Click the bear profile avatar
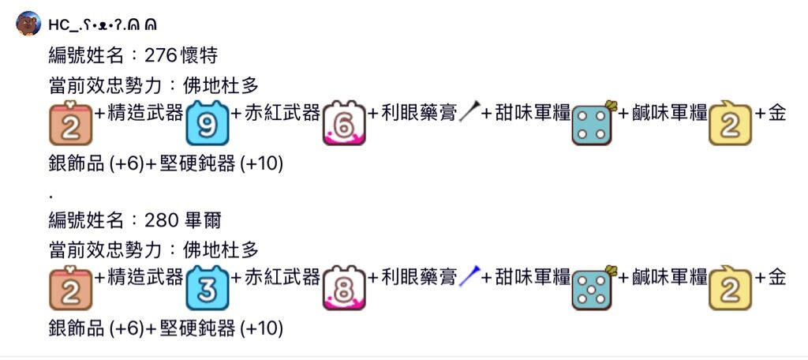pyautogui.click(x=29, y=24)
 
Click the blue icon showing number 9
pyautogui.click(x=208, y=123)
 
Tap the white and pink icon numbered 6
pyautogui.click(x=345, y=123)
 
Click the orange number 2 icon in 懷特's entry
pyautogui.click(x=71, y=123)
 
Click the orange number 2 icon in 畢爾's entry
pyautogui.click(x=71, y=289)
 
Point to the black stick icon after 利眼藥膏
pyautogui.click(x=469, y=114)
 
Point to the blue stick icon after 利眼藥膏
pyautogui.click(x=469, y=276)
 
